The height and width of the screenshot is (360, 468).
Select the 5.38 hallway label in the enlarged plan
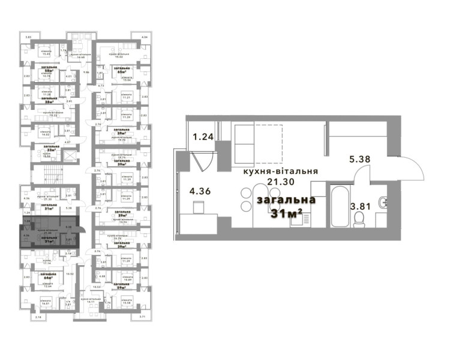(360, 160)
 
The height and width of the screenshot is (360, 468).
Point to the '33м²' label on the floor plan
(52, 149)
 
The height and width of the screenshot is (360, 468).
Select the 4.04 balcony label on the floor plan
(144, 38)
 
